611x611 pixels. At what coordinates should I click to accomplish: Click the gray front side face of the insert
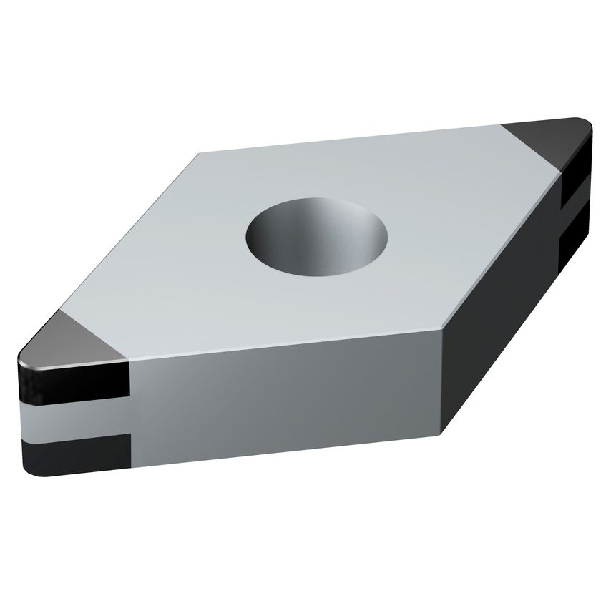tap(286, 401)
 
